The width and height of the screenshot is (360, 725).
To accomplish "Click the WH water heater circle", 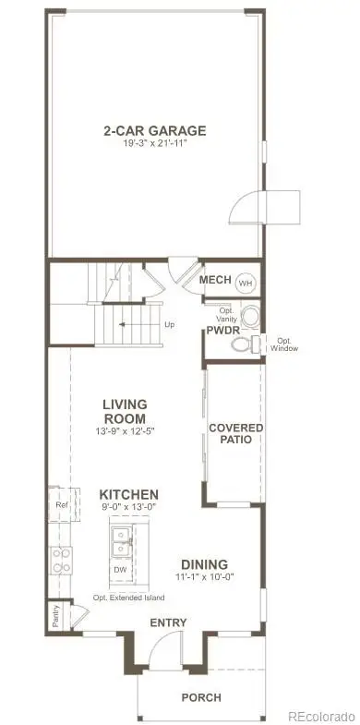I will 246,282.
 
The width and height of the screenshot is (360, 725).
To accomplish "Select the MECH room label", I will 214,281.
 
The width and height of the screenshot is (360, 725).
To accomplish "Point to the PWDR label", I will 222,330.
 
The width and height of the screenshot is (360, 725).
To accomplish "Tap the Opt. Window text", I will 284,344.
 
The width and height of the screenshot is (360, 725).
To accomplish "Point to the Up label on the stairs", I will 168,324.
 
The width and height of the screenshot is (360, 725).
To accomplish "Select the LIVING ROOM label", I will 126,410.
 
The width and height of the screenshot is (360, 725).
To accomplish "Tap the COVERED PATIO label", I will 236,433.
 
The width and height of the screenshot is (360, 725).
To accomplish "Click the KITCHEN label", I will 129,495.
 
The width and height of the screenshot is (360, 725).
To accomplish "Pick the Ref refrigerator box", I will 61,505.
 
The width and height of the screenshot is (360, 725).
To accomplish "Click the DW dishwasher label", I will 119,570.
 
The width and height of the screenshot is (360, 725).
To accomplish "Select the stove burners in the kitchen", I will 61,560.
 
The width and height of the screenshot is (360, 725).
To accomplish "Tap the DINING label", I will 205,564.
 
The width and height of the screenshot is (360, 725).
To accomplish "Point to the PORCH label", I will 201,697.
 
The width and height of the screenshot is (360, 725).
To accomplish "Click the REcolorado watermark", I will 320,716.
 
